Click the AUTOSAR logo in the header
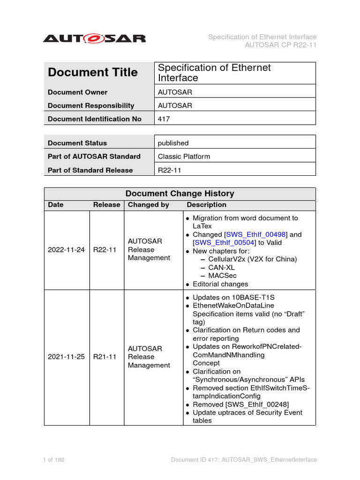tap(94, 38)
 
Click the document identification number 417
tap(164, 119)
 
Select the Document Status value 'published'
tap(173, 143)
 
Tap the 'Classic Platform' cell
tap(184, 157)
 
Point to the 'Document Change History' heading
tap(180, 194)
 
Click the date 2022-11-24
tap(66, 250)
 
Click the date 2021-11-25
tap(66, 357)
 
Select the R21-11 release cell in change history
tap(105, 357)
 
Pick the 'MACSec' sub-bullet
tap(222, 276)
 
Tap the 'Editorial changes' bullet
tap(220, 284)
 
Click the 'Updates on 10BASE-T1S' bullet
tap(227, 297)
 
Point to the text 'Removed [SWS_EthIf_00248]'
tap(240, 404)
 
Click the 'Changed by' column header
tap(148, 205)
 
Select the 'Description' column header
tap(206, 205)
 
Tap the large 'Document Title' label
tap(93, 73)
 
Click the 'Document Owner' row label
tap(77, 92)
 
